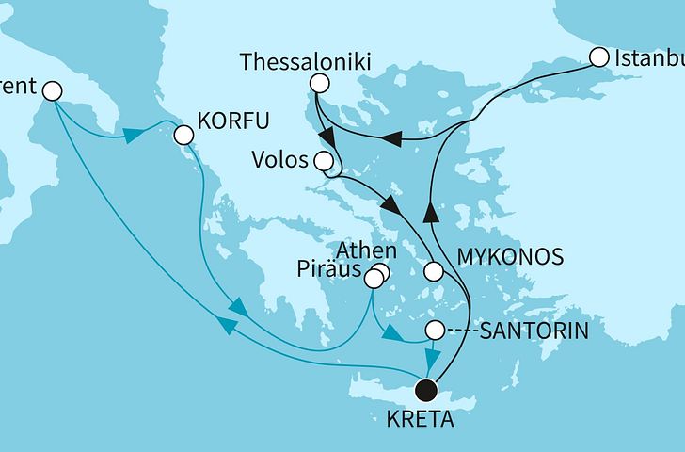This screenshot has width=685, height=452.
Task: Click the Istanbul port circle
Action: [x=598, y=57]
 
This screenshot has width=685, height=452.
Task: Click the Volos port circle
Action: [x=324, y=159]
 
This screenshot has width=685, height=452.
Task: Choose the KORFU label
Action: [x=232, y=121]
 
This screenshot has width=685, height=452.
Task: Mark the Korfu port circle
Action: [x=183, y=136]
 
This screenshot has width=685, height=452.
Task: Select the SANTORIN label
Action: [x=535, y=331]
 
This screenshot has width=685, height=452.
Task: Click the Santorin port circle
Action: [x=435, y=331]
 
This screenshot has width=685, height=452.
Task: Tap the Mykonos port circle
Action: [x=433, y=271]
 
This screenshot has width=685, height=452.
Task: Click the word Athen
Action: [x=360, y=251]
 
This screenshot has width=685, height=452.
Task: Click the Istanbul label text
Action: [x=649, y=59]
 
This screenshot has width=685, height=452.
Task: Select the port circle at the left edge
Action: [x=52, y=91]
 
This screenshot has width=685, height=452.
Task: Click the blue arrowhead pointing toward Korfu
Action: [x=132, y=136]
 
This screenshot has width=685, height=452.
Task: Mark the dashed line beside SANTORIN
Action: [x=461, y=331]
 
